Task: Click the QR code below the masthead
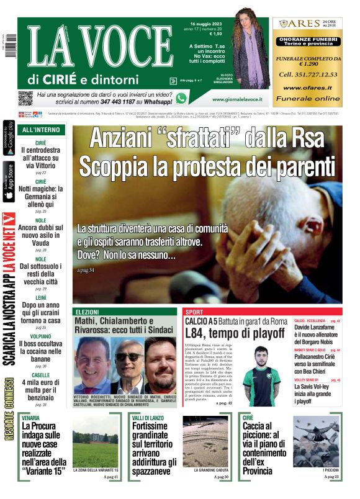(25, 97)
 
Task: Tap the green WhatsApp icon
(181, 97)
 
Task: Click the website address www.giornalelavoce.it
(236, 99)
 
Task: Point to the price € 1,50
(197, 34)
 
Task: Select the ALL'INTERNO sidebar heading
(41, 130)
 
